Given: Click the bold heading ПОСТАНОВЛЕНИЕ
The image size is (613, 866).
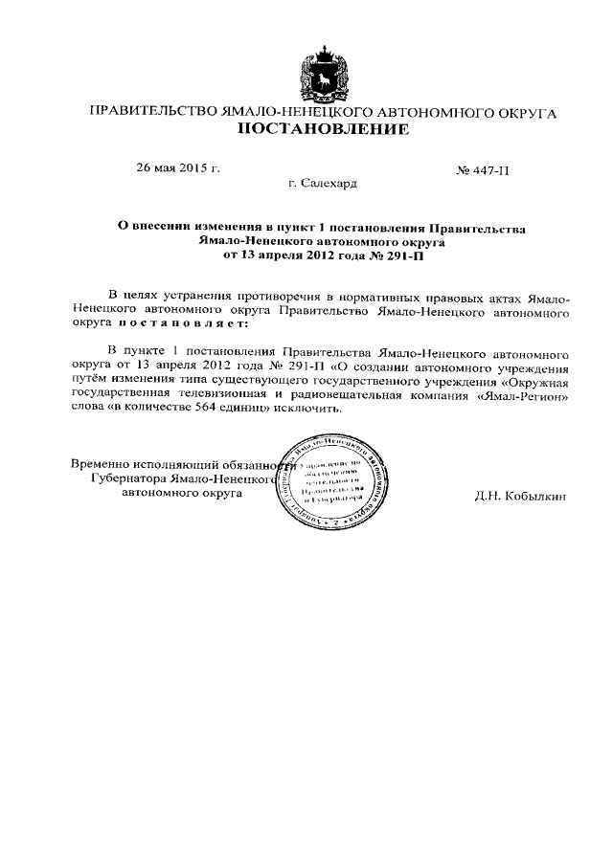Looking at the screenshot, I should click(322, 129).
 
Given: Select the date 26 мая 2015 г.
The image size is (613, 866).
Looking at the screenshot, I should click(178, 168).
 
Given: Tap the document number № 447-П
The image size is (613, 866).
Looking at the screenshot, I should click(484, 169).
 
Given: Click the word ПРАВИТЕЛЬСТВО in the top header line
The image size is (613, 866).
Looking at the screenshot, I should click(152, 113).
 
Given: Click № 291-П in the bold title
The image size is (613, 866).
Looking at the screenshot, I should click(397, 256).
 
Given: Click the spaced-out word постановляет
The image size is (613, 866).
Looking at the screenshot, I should click(170, 324).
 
